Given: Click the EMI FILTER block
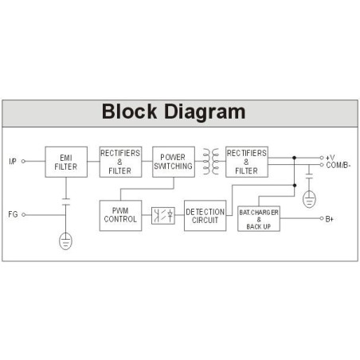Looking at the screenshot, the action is (x=66, y=162).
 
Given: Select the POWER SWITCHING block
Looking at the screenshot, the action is (x=174, y=162).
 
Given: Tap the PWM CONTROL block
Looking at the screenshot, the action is (x=120, y=216).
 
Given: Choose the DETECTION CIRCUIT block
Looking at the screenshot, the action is (x=205, y=216).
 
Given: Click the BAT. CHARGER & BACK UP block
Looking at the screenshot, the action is (x=259, y=219).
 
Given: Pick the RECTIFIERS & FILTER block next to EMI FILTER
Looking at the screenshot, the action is (x=120, y=162).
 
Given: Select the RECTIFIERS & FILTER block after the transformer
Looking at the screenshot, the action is (x=247, y=162).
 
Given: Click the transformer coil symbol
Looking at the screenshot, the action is (x=210, y=162).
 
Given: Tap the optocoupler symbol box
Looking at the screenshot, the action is (x=163, y=216).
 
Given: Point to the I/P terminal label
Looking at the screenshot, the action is (x=13, y=161).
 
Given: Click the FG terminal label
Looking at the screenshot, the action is (x=13, y=214).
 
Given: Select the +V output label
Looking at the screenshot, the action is (x=330, y=158).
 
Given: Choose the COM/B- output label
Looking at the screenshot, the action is (x=338, y=165).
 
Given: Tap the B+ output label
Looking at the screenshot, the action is (x=329, y=219).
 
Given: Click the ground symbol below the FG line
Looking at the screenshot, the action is (x=65, y=241).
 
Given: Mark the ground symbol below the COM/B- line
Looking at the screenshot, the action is (x=309, y=199).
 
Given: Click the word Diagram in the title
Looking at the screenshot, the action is (x=205, y=112).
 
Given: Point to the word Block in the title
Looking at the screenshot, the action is (x=129, y=112).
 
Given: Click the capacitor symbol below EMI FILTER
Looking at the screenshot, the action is (x=66, y=202).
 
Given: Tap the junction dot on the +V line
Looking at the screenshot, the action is (x=294, y=158).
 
